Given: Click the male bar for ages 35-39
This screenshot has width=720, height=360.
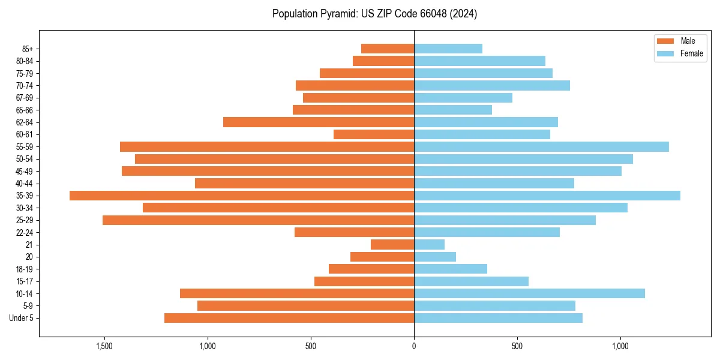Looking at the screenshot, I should coord(242,196).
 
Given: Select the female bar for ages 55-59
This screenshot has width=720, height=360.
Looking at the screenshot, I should coord(541,147).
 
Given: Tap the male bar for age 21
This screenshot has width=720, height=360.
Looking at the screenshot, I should coord(392,245).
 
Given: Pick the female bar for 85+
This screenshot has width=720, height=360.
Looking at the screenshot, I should coord(448,49).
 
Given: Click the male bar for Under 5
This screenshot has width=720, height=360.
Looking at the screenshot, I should coord(289,318).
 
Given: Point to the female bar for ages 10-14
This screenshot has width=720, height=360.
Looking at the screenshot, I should coord(529,293).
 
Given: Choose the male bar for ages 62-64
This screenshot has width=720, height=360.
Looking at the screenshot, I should coord(319,122).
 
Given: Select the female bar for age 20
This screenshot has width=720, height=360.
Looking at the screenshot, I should coord(435,257).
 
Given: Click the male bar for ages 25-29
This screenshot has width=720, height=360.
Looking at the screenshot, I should coord(258,220).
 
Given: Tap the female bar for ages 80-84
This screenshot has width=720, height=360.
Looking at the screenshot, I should coord(479,61).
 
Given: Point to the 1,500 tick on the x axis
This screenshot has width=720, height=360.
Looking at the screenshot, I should coord(104,347).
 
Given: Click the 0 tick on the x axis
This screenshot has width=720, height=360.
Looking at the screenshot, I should coord(414,347).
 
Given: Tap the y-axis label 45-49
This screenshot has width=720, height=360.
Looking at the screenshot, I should coord(25,172).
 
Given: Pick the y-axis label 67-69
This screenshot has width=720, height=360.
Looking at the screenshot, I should coord(25,98).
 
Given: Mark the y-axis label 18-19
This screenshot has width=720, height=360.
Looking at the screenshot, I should coord(25,269).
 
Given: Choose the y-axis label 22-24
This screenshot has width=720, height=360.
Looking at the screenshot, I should coord(25,233).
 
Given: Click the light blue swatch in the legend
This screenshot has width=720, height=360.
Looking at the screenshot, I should coord(665,53).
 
